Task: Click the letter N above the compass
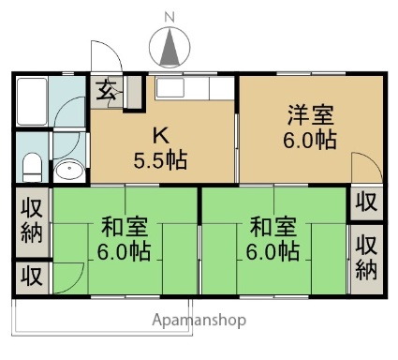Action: (170, 18)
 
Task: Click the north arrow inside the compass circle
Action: (170, 46)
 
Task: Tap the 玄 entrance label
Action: (107, 90)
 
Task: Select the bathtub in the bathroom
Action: (32, 101)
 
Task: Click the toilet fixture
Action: (33, 167)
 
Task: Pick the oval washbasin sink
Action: (69, 171)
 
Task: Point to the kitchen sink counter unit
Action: (195, 88)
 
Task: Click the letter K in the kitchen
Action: (161, 136)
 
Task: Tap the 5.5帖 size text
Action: (160, 160)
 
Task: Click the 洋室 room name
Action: (311, 114)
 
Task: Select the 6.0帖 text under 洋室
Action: (310, 140)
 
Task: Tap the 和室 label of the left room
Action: (125, 227)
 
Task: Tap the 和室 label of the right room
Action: (273, 227)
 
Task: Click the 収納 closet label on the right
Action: (367, 257)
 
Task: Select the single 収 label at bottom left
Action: (32, 276)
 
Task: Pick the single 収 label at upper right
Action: (367, 202)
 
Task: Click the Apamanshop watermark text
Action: (199, 321)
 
